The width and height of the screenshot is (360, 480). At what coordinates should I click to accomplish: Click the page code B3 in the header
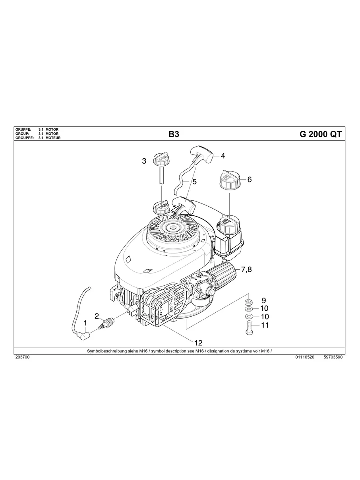[x=174, y=134]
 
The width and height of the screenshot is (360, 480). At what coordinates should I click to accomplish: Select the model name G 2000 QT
[x=320, y=134]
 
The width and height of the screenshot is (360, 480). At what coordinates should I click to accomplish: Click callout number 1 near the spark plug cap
[x=85, y=323]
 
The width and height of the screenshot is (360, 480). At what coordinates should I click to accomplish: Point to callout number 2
[x=97, y=316]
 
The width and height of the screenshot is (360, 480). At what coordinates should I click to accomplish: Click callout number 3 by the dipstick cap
[x=144, y=161]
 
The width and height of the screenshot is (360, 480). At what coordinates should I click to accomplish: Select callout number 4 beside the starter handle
[x=223, y=156]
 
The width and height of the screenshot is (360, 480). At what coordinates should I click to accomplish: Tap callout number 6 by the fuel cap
[x=249, y=180]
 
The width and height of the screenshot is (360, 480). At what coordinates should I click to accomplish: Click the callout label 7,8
[x=247, y=270]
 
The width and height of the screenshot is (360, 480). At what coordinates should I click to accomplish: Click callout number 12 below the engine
[x=198, y=343]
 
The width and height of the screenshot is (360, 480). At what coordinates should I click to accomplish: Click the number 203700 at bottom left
[x=22, y=357]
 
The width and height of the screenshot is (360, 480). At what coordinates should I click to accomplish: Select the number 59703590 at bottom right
[x=333, y=357]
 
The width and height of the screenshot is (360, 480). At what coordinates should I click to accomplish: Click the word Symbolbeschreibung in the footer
[x=105, y=351]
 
